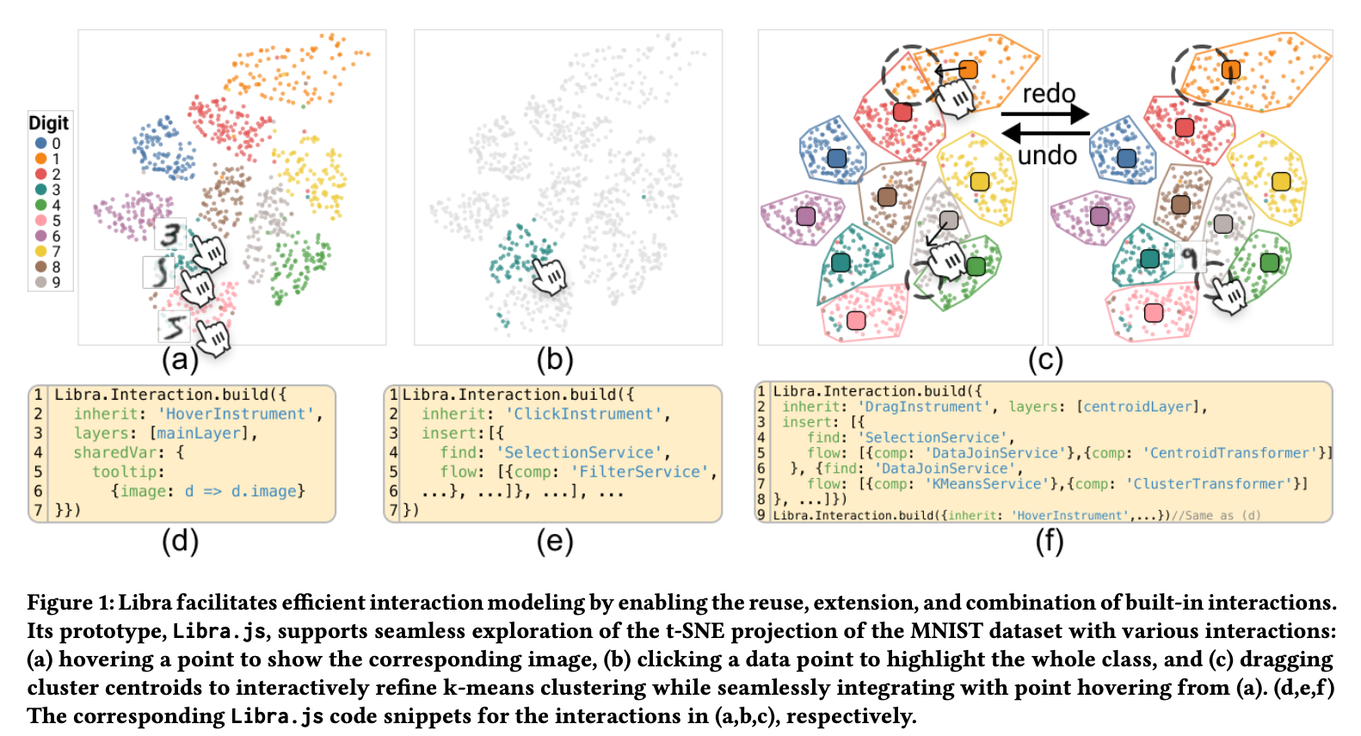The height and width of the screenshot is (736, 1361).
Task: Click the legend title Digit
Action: click(48, 123)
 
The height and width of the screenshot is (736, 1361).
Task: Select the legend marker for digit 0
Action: click(40, 144)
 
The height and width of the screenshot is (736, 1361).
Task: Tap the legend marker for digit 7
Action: click(40, 251)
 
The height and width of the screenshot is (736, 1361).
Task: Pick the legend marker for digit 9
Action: click(40, 282)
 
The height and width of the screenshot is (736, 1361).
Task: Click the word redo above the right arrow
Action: click(1049, 94)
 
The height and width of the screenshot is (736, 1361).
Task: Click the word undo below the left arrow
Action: click(1047, 156)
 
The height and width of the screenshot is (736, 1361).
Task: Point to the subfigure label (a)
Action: click(180, 359)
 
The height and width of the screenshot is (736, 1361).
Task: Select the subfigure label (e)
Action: click(554, 541)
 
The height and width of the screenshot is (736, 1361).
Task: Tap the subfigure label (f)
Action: click(1049, 541)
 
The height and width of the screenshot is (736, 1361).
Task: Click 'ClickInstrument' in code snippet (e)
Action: click(583, 414)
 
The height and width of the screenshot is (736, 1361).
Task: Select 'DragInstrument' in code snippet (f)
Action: click(923, 407)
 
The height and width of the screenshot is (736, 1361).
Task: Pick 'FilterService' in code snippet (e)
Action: click(639, 472)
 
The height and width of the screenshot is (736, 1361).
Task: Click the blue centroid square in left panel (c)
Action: click(836, 158)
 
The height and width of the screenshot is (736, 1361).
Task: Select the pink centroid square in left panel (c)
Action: click(856, 321)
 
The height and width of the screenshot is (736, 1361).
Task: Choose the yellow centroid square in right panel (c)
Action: click(1281, 181)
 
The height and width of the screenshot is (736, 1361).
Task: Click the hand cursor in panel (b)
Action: click(549, 275)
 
